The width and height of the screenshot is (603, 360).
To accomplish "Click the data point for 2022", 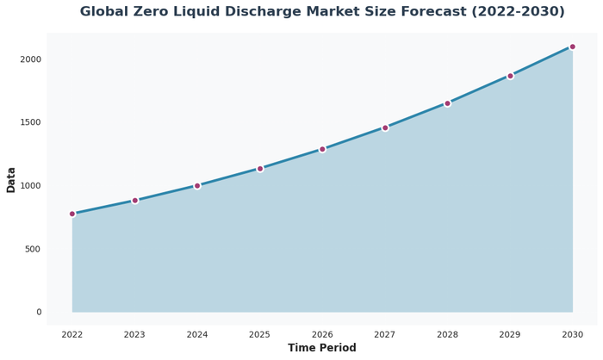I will click(x=72, y=214).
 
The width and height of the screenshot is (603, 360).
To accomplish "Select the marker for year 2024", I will click(x=197, y=185).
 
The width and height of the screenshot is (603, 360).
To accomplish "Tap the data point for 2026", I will click(x=322, y=149).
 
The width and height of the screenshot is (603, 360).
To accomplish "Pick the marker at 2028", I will click(x=447, y=103).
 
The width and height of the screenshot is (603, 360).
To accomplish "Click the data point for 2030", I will click(x=572, y=47).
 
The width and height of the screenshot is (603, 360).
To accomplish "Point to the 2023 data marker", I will click(x=134, y=201).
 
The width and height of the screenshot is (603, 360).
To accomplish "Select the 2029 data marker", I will click(x=510, y=76).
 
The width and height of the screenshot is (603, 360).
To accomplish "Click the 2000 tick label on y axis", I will click(x=31, y=59).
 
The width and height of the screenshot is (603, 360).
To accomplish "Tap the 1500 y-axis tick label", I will click(x=31, y=122).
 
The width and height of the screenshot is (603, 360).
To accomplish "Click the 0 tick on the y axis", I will click(x=39, y=312).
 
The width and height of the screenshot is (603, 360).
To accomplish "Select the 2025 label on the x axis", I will click(x=259, y=334).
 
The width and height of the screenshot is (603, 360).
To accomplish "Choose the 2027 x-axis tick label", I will click(x=384, y=334).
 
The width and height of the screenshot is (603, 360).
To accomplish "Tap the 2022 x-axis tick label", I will click(x=72, y=334).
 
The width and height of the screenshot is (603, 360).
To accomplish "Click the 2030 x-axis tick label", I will click(x=572, y=334).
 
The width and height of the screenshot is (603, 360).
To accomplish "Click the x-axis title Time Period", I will click(x=322, y=349).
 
